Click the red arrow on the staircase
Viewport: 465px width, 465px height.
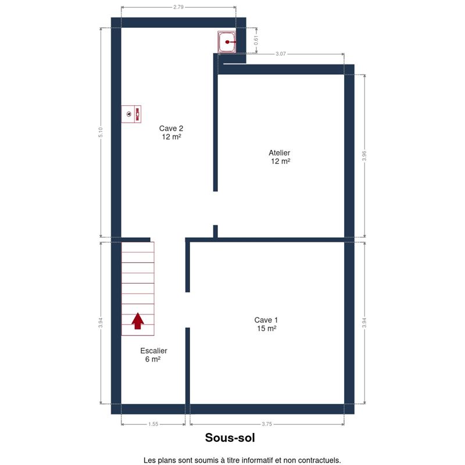click(138, 321)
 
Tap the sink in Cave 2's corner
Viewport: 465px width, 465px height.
click(227, 42)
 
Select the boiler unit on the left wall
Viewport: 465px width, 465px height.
click(131, 114)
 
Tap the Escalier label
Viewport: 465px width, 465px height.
click(153, 351)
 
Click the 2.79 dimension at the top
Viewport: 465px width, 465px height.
click(178, 7)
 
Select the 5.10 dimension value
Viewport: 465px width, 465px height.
click(101, 133)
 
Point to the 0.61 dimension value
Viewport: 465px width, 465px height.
click(256, 40)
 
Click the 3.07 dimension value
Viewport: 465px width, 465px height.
click(281, 54)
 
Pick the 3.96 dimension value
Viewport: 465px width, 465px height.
click(364, 156)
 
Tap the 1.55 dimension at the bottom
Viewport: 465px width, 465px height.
click(153, 424)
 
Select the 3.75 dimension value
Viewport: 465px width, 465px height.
click(267, 424)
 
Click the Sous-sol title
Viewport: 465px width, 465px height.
click(230, 438)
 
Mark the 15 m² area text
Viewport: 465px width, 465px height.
click(267, 328)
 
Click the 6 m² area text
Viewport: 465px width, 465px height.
click(153, 359)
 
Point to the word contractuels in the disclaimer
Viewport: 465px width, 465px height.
click(319, 460)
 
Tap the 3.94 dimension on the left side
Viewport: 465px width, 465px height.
click(101, 323)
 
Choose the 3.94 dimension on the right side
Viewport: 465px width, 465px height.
click(364, 323)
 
